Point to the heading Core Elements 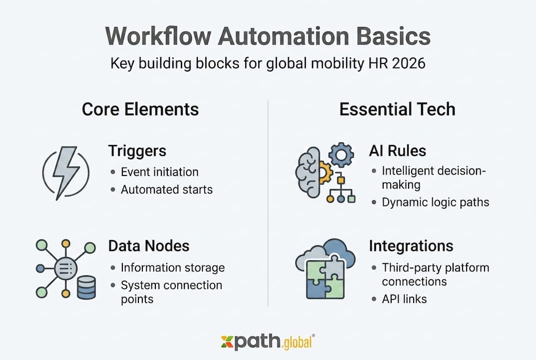coord(140,109)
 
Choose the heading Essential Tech coord(397,109)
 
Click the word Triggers coord(137,150)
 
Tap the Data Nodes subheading coord(149,245)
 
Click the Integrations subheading coord(411,245)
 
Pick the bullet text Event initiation coord(159,172)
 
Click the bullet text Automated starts coord(166,190)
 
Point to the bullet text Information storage coord(172,267)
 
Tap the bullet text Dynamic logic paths coord(435,202)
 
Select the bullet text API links coord(404,299)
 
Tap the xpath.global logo coord(268,342)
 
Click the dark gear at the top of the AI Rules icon coord(341,155)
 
